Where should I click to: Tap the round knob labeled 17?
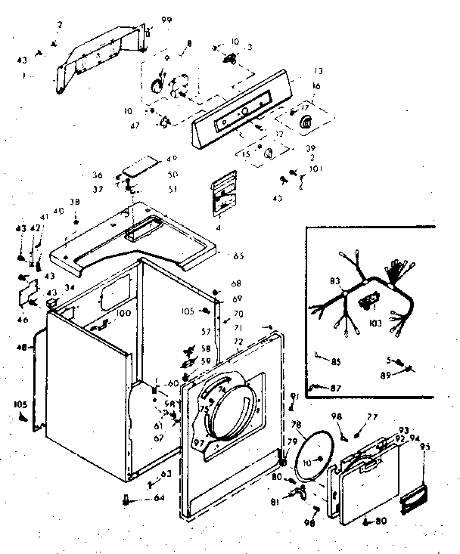[x=306, y=122]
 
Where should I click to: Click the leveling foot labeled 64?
[x=125, y=499]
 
